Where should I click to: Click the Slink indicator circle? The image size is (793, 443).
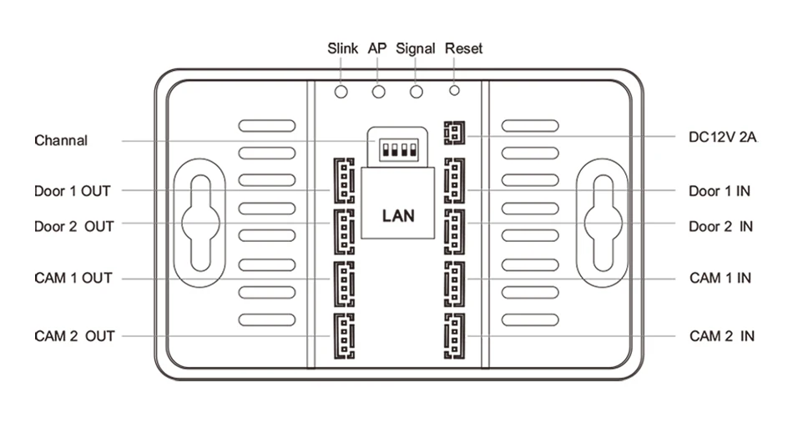341,91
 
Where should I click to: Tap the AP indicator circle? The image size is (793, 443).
379,91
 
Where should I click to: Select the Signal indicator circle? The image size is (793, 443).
416,91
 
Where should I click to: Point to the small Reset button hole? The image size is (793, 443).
455,89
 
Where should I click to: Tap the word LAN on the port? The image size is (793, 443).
397,215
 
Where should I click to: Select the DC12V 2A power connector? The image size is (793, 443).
453,134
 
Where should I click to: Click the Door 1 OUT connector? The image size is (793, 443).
343,180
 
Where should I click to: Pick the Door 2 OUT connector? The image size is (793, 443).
343,229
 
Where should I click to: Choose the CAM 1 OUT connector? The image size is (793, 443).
343,283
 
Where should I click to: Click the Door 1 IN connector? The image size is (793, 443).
453,180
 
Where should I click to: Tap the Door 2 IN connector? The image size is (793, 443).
453,229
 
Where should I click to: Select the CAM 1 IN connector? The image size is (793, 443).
453,283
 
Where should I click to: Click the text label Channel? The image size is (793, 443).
61,140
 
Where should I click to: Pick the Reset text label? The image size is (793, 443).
463,48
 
